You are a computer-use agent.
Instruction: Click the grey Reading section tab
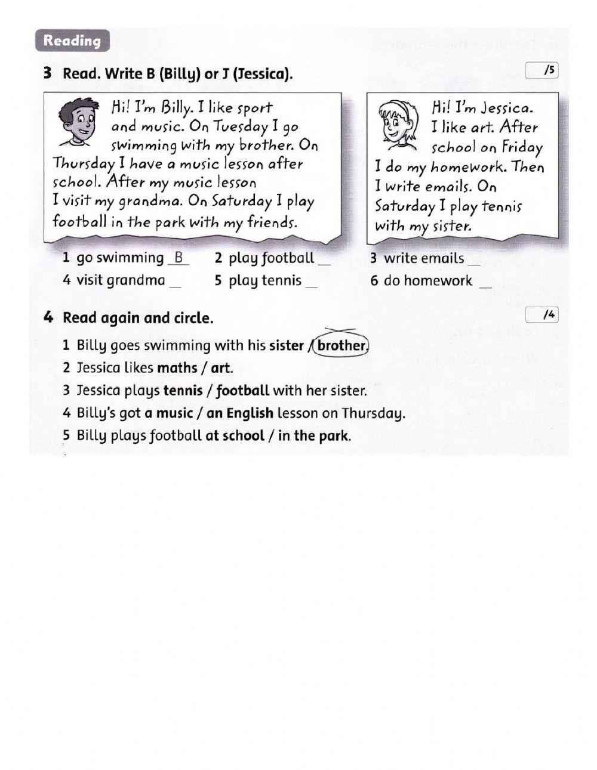[x=72, y=41]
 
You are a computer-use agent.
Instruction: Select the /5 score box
[x=542, y=71]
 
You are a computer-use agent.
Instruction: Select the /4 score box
[x=542, y=315]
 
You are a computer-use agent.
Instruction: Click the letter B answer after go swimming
[x=179, y=259]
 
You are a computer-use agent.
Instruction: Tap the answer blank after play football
[x=324, y=261]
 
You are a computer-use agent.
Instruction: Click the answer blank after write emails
[x=474, y=261]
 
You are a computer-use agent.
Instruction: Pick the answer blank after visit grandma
[x=175, y=284]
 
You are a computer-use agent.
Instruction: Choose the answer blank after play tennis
[x=312, y=284]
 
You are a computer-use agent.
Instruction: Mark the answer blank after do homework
[x=486, y=284]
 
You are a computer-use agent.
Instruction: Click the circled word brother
[x=341, y=345]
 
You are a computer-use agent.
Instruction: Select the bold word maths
[x=177, y=368]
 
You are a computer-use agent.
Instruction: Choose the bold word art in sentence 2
[x=220, y=368]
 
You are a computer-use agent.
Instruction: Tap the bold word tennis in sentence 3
[x=183, y=391]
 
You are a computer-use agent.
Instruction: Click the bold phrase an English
[x=240, y=413]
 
